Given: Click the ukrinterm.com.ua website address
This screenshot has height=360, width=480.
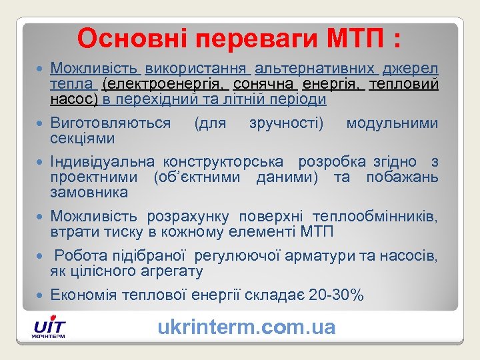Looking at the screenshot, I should (246, 327).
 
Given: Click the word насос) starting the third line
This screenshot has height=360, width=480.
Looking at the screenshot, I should (74, 100).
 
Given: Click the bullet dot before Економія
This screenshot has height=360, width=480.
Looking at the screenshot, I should (41, 295).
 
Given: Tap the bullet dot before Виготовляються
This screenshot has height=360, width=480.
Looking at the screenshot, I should (41, 123).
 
